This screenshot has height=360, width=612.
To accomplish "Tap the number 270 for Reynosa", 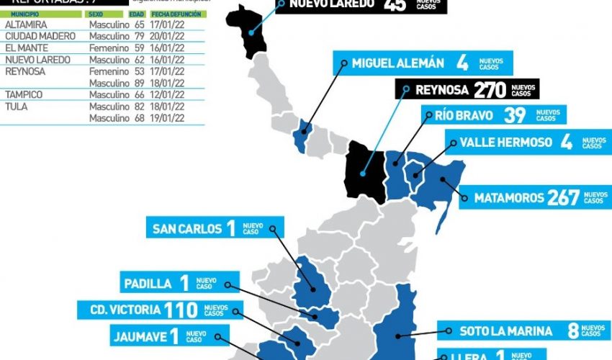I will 490,89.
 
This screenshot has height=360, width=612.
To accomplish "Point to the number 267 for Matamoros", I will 563,197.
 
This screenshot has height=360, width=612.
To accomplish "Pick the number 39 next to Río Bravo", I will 515,115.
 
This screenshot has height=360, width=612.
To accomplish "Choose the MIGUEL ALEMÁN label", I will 398,63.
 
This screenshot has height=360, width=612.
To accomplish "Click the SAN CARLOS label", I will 187,229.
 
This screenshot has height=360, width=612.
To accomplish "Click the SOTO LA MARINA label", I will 506,331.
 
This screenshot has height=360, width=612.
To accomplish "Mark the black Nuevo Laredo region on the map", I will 248,29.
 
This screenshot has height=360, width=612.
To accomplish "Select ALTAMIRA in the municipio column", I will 26,25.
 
